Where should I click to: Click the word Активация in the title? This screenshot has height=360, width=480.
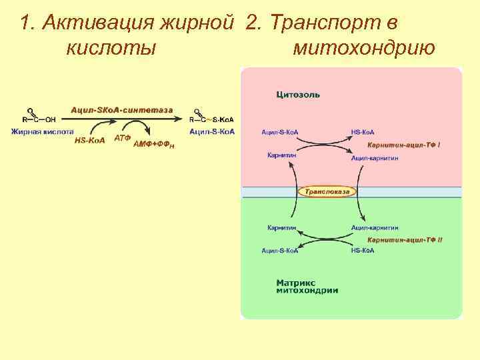[x=97, y=23]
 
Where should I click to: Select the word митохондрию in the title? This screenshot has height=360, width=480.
[x=364, y=48]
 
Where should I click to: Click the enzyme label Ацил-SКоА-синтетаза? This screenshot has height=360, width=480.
[x=122, y=109]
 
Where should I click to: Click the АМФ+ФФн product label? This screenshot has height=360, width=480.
[x=154, y=144]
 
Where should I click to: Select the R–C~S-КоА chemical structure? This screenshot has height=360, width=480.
[x=211, y=118]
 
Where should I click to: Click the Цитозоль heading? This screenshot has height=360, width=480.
[x=298, y=95]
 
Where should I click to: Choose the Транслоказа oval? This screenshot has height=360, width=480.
[x=327, y=192]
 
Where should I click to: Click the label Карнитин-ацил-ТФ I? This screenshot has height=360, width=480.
[x=404, y=145]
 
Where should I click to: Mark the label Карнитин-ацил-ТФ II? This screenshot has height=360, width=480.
[x=405, y=239]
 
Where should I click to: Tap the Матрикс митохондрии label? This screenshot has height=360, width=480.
[x=307, y=287]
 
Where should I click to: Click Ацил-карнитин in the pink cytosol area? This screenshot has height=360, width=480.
[x=375, y=159]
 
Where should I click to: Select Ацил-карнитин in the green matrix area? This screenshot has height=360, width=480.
[x=375, y=227]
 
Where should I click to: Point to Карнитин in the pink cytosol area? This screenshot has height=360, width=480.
[x=281, y=155]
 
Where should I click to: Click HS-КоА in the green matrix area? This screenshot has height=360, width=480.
[x=363, y=251]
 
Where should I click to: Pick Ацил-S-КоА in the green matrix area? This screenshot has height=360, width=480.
[x=280, y=251]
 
